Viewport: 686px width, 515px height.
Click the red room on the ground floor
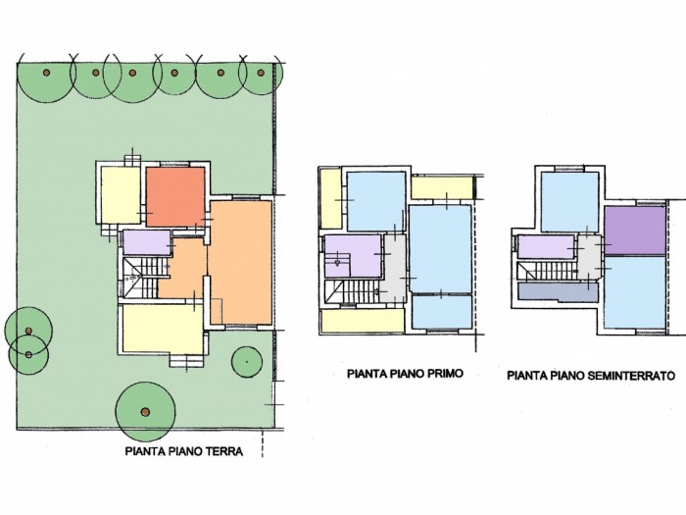coord(175,196)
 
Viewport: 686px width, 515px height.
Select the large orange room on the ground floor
coord(241,262)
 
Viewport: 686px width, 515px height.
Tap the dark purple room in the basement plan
coord(635,231)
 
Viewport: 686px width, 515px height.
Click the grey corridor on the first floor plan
coord(396,267)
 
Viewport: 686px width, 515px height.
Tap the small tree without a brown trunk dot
coord(247,362)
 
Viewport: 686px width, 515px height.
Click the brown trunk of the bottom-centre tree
coord(145,412)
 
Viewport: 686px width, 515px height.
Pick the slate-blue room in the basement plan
coord(557,292)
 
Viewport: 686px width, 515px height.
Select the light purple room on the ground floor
coord(147,242)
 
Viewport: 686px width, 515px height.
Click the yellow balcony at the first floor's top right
coord(442,187)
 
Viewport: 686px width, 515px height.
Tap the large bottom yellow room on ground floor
coord(163,329)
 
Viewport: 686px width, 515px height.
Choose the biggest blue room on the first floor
coord(440,249)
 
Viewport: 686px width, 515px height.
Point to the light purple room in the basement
coord(546,247)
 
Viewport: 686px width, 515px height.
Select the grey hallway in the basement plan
coord(590,258)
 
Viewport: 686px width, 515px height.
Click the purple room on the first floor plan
coord(353,256)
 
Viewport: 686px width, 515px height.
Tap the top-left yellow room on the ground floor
coord(121,195)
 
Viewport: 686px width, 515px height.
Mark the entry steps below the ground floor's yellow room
coord(187,360)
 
